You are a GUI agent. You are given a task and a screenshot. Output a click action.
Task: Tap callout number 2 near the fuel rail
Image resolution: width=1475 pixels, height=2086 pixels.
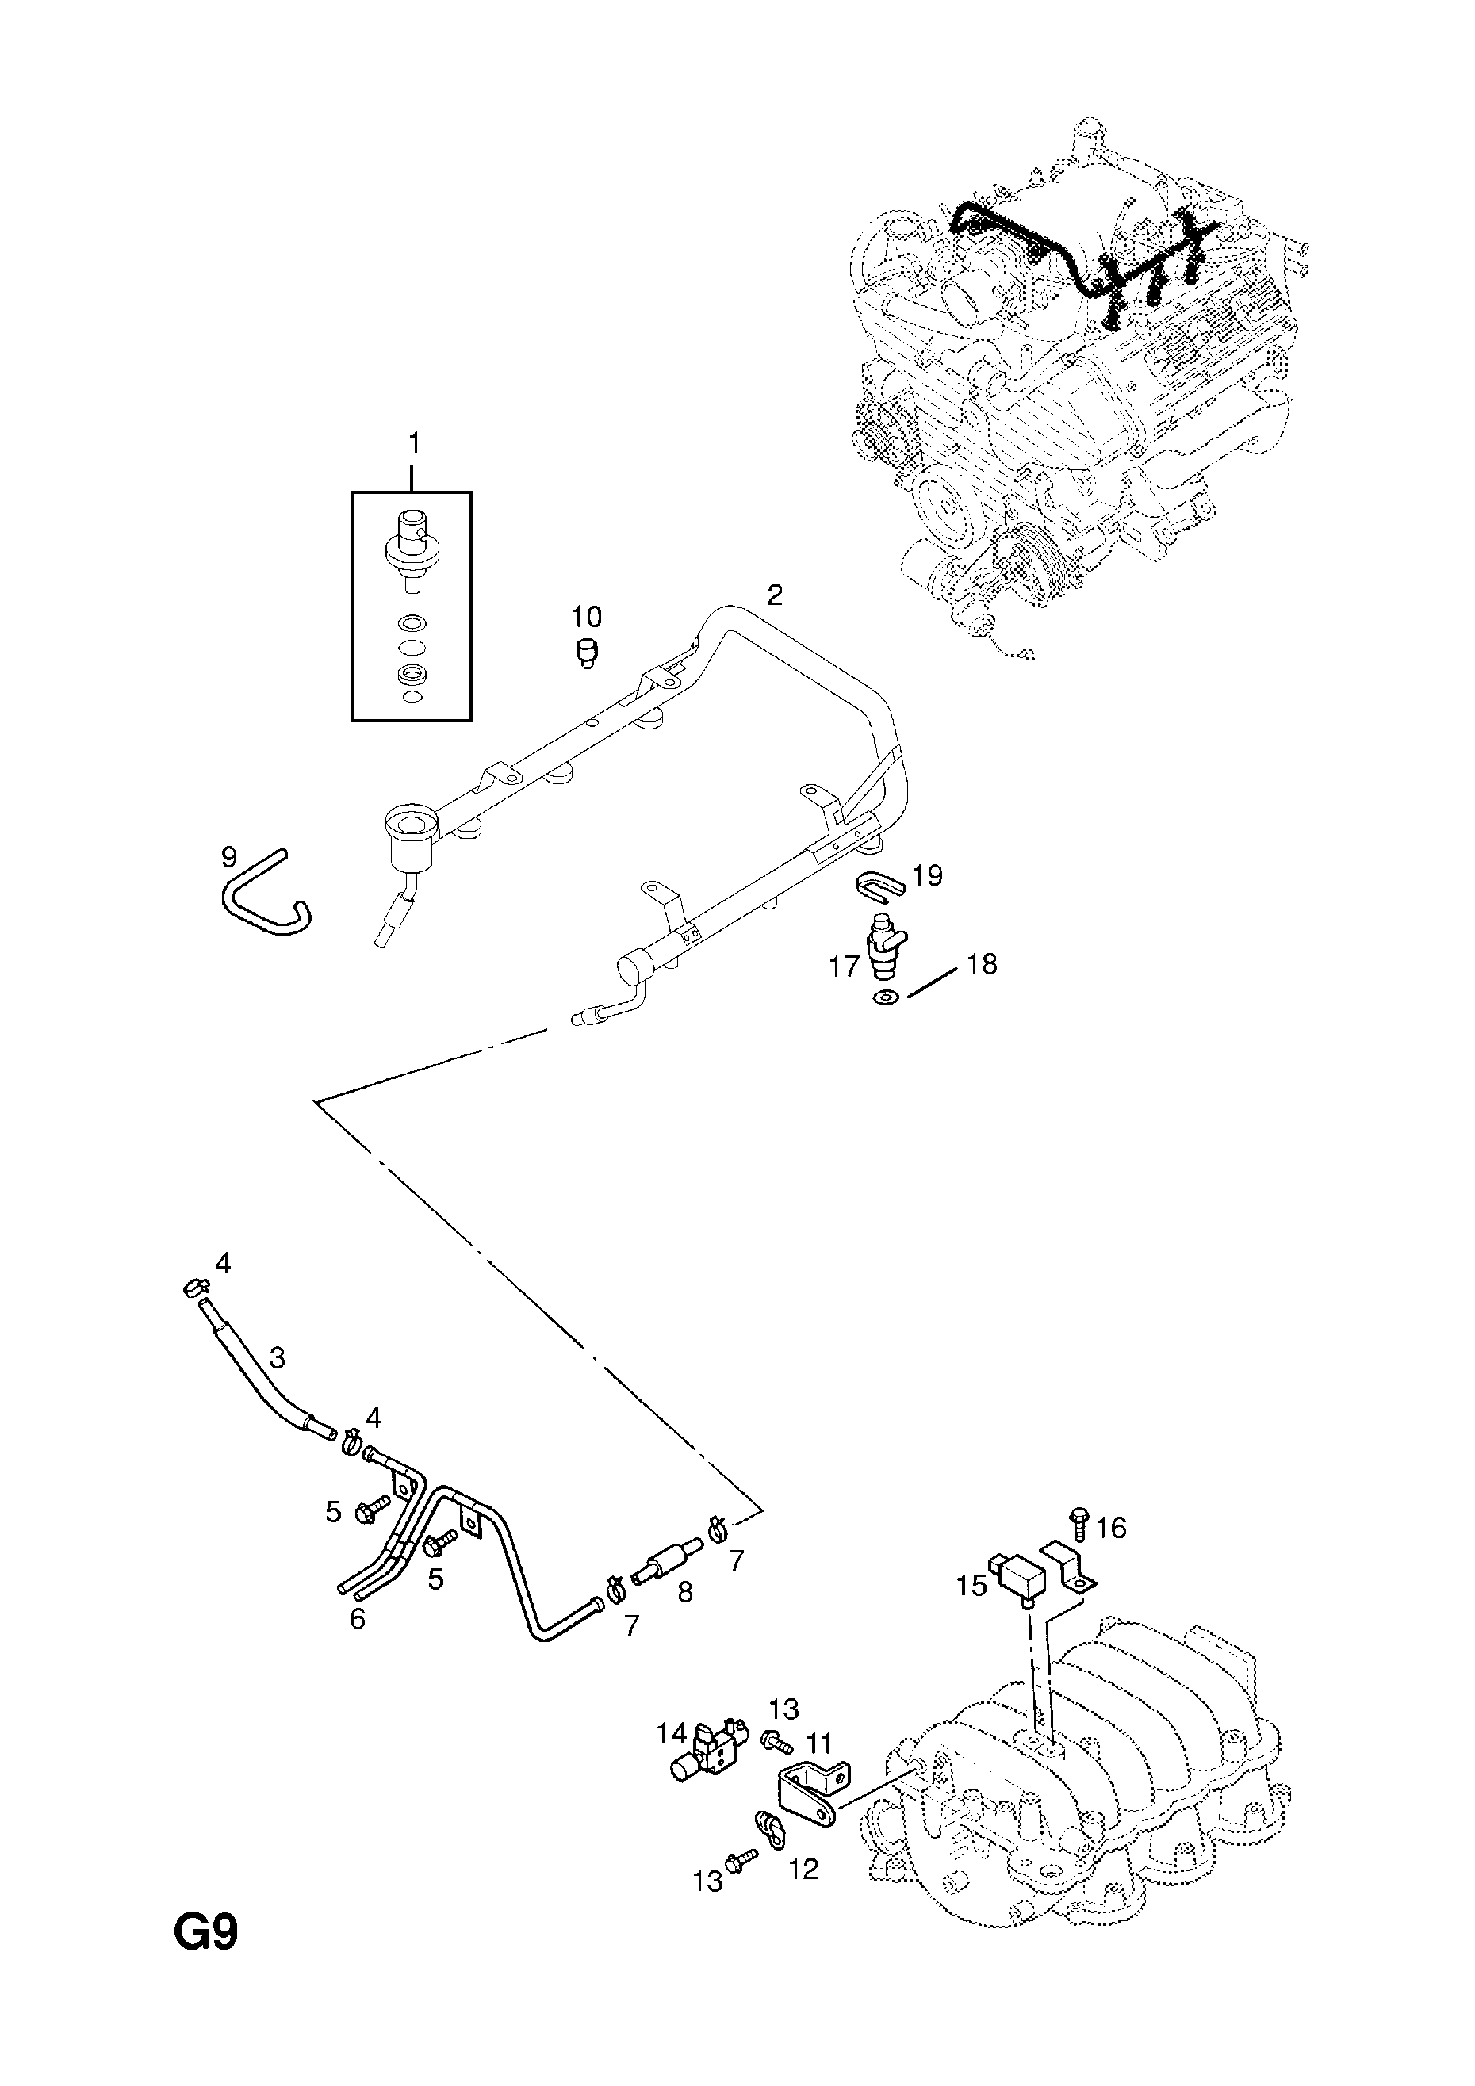774,595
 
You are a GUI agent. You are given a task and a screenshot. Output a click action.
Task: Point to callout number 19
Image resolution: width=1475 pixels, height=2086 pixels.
928,876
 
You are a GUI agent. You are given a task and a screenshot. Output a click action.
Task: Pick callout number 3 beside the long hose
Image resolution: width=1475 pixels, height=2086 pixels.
278,1383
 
